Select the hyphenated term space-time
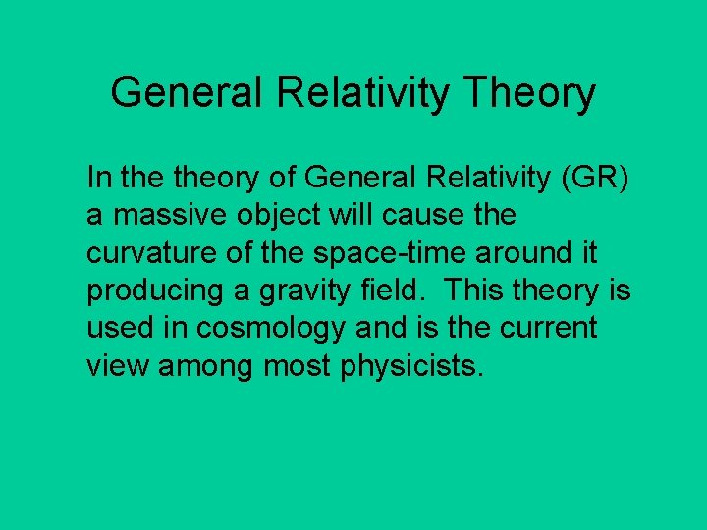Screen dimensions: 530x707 tap(392, 253)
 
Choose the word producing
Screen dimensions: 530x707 tap(154, 291)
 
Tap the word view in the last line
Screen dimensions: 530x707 tap(119, 366)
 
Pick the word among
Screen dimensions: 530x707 tap(209, 366)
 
